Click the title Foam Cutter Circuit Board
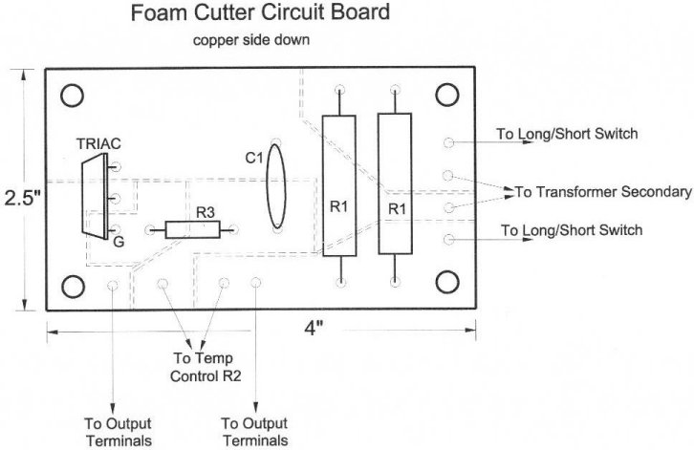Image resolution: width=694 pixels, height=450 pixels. click(x=260, y=12)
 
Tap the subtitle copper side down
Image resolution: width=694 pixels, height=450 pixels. click(x=251, y=40)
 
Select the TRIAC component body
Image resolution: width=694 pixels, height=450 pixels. click(x=95, y=196)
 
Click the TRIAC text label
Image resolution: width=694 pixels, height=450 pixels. click(x=98, y=144)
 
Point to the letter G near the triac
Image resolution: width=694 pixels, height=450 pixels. click(x=119, y=242)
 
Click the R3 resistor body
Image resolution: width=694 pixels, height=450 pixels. click(x=192, y=229)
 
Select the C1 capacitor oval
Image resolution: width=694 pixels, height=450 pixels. click(x=276, y=186)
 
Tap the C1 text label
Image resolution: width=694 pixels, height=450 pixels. click(x=254, y=158)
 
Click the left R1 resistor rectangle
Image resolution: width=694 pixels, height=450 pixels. click(x=339, y=186)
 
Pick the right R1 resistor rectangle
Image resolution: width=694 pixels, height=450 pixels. click(x=395, y=183)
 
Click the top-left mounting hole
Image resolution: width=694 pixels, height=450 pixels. click(x=72, y=96)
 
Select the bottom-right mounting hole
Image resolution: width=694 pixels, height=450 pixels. click(x=447, y=282)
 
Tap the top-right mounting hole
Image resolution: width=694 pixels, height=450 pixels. click(x=447, y=95)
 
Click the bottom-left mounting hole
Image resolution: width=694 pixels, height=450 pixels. click(x=73, y=287)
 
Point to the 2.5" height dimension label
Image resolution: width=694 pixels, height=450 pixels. click(x=22, y=198)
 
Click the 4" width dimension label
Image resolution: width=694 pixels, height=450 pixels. click(x=314, y=329)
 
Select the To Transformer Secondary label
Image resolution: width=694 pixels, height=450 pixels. click(x=603, y=192)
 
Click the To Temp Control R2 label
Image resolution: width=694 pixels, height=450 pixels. click(x=206, y=367)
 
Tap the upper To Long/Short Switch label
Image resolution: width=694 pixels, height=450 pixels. click(x=567, y=134)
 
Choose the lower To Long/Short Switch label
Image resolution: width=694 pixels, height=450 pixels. click(x=572, y=230)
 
